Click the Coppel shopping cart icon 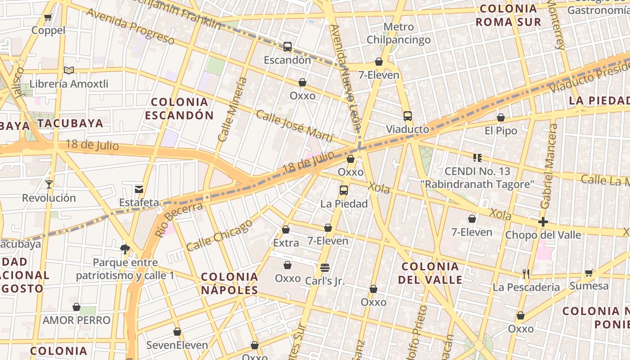(x=48, y=18)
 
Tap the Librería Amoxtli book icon (x=68, y=70)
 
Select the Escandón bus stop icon (x=287, y=46)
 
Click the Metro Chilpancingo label (x=398, y=33)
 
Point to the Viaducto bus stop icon (x=407, y=116)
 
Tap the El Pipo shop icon (x=500, y=118)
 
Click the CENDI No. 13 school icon (x=477, y=158)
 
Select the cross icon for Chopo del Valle (x=543, y=222)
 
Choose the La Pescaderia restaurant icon (x=526, y=274)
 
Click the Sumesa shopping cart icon (x=589, y=273)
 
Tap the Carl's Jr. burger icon (x=325, y=268)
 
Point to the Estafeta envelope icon (x=139, y=189)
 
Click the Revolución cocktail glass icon (x=49, y=184)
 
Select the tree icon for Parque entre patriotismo (x=125, y=249)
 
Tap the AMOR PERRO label (x=76, y=320)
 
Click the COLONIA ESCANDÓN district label (x=179, y=108)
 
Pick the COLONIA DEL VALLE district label (x=430, y=273)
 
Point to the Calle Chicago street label (x=219, y=235)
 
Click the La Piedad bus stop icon (x=344, y=190)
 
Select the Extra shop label (x=286, y=243)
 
